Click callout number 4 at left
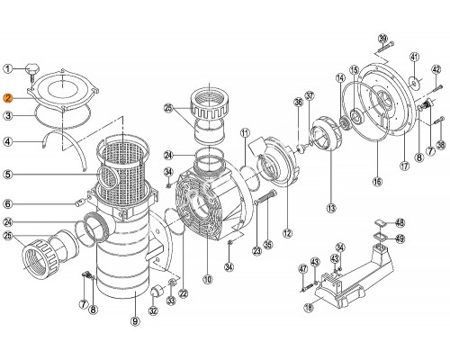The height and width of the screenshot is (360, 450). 8,140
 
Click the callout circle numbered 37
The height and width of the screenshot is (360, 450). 310,95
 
